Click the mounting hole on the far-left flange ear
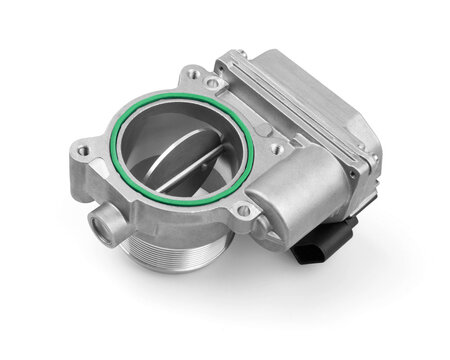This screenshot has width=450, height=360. tap(82, 152)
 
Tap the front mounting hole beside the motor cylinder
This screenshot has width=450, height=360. tap(242, 211)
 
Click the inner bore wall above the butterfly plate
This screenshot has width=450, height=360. tap(190, 120)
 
